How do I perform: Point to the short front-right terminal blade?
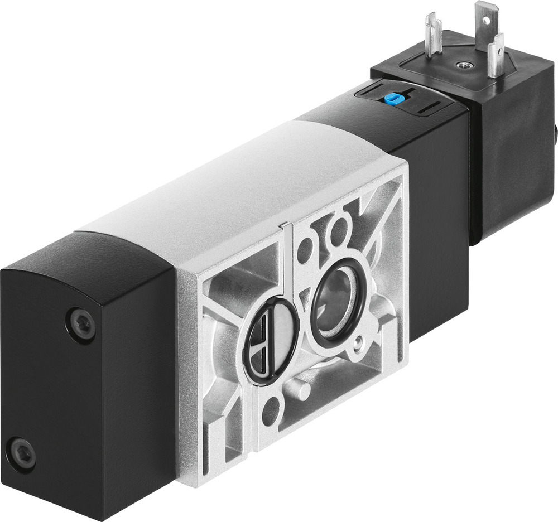(x=495, y=56)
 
